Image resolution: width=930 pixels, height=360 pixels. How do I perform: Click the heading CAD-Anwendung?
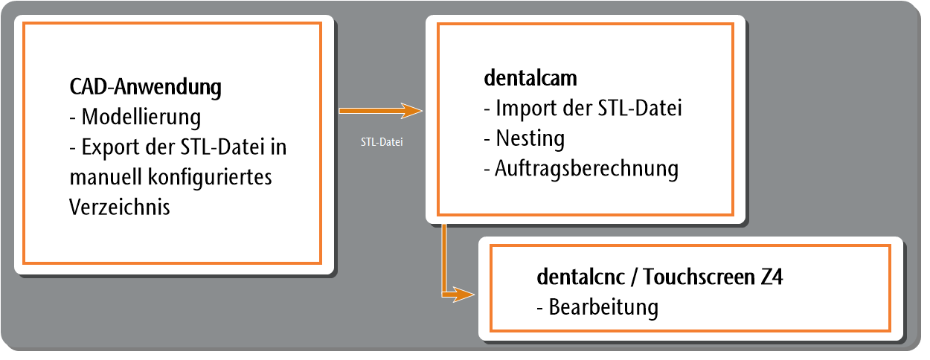tap(145, 87)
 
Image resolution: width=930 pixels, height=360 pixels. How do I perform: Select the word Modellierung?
tap(141, 117)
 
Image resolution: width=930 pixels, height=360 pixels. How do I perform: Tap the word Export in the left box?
tap(110, 148)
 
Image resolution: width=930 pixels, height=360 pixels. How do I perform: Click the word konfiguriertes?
tap(210, 178)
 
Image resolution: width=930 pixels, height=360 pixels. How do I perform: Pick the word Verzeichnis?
tap(120, 207)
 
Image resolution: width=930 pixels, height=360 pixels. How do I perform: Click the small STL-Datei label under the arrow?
tap(382, 142)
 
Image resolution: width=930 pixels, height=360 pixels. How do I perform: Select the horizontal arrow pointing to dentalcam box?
tap(381, 111)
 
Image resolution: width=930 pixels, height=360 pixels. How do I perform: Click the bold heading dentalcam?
tap(530, 78)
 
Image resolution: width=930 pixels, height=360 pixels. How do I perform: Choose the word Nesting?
tap(530, 138)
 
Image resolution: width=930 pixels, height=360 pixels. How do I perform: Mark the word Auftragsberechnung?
tap(587, 169)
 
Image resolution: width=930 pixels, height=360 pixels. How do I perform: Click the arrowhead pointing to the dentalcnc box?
tap(464, 295)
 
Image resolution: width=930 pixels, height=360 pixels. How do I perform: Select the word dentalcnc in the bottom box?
tap(581, 277)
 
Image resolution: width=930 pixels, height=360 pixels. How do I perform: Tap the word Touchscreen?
tap(699, 277)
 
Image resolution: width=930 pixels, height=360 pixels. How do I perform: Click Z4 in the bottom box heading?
tap(772, 277)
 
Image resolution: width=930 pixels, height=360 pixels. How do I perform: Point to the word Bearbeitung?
tap(603, 308)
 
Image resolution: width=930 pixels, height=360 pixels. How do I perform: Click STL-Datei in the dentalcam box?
tap(640, 109)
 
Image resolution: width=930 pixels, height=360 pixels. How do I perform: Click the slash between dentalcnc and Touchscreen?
tap(634, 277)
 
